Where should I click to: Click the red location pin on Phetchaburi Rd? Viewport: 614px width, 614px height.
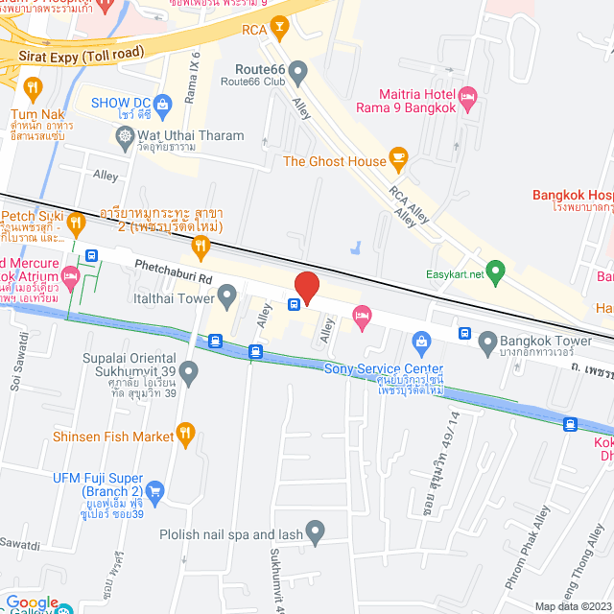tap(306, 287)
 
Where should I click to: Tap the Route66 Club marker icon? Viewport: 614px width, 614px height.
tap(298, 71)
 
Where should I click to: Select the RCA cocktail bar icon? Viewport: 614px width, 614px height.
tap(280, 30)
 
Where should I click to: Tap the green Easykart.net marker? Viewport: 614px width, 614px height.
tap(495, 272)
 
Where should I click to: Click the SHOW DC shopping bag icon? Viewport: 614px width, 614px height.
tap(162, 102)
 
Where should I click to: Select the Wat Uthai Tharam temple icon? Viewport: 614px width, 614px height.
tap(126, 137)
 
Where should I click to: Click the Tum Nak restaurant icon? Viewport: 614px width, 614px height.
tap(35, 89)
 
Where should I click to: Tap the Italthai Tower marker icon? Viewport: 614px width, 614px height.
tap(227, 298)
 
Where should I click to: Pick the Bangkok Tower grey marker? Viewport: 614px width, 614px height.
tap(487, 341)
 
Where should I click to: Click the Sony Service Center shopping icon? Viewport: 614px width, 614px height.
tap(420, 342)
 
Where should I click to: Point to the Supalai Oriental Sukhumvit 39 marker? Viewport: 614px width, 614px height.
tap(188, 370)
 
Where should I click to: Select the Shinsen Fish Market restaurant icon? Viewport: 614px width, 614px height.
tap(188, 436)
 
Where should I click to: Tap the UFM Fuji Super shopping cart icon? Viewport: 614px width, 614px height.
tap(156, 492)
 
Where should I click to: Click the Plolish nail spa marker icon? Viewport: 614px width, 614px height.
tap(315, 533)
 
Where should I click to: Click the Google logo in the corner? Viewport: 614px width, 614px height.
tap(33, 602)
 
